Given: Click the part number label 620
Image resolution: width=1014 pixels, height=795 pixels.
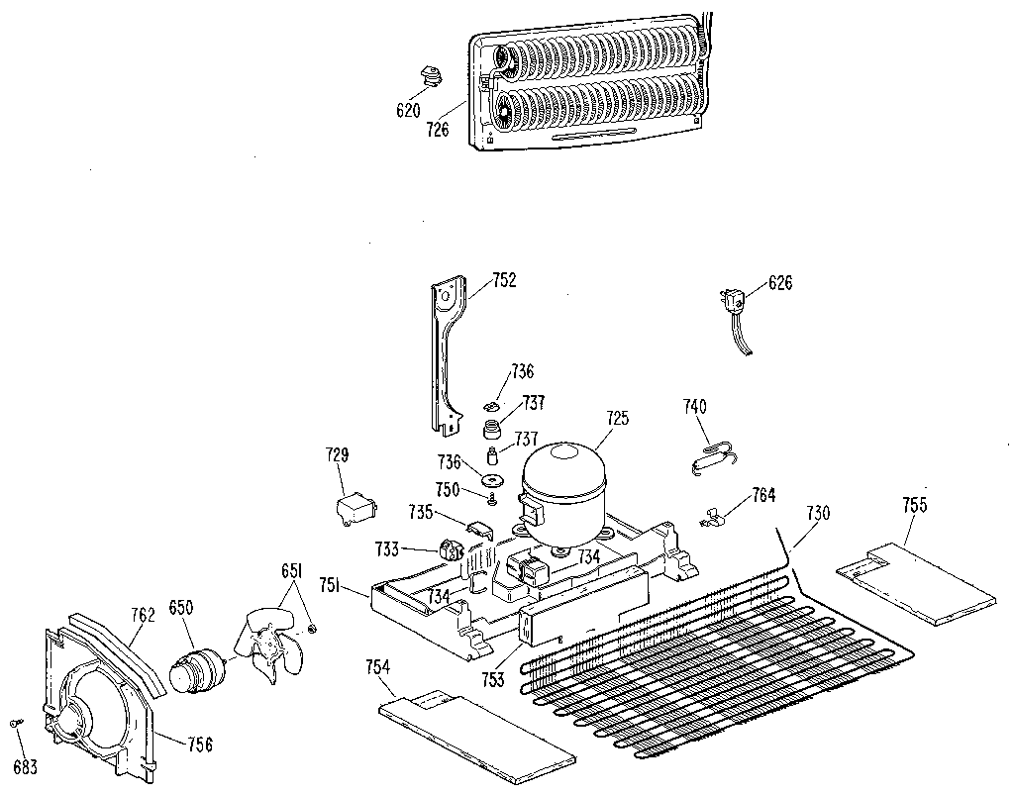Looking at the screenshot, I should [x=408, y=110].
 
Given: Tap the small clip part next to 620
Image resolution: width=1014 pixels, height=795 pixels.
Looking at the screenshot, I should [x=430, y=76].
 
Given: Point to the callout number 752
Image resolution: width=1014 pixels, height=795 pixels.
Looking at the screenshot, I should [x=504, y=281].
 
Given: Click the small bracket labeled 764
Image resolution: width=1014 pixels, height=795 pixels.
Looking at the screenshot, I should [x=717, y=516].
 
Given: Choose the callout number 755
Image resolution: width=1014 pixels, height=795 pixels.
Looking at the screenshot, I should [x=914, y=505].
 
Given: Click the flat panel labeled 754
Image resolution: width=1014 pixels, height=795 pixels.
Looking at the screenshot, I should [x=475, y=732].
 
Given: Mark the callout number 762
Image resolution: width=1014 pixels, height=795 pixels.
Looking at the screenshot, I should [x=143, y=615].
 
